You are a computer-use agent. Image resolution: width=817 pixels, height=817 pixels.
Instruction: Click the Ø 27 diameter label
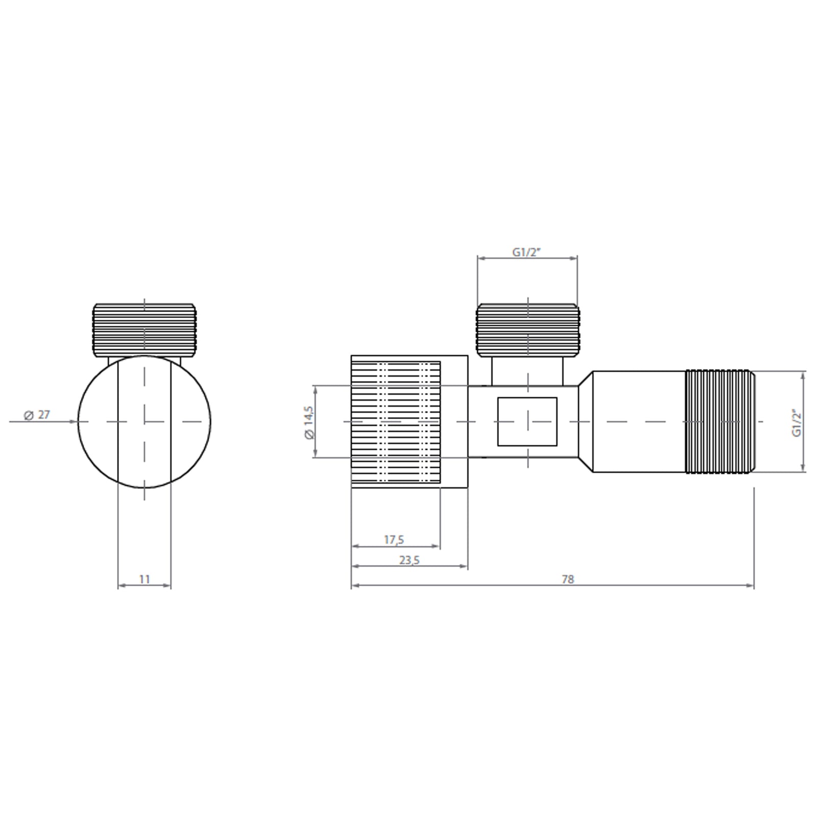coord(37,415)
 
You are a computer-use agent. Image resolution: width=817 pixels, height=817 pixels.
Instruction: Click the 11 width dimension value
coord(145,579)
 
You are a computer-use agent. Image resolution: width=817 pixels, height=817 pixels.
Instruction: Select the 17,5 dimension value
coord(394,539)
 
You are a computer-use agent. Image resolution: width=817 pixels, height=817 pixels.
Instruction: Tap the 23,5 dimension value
coord(409,560)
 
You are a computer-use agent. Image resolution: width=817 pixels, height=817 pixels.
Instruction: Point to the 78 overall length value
coord(567,579)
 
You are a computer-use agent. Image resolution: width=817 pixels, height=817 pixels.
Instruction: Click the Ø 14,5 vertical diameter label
coord(308,422)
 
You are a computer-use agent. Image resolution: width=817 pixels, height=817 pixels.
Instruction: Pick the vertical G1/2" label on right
coord(797,423)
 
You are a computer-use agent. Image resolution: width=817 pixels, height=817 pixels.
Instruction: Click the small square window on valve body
coord(527,421)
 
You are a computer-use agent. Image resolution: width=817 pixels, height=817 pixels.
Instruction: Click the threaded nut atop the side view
coord(527,329)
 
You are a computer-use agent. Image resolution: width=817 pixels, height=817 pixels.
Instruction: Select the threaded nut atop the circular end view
coord(145,329)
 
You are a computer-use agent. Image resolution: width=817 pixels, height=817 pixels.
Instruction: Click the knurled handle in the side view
coord(396,422)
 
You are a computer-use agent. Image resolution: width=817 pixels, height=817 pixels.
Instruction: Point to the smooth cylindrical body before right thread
coord(638,421)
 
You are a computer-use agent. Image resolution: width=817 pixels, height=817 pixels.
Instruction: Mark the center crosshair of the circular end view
coord(145,421)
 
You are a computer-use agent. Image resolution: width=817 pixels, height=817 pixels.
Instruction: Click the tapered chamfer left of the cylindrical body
coord(586,421)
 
